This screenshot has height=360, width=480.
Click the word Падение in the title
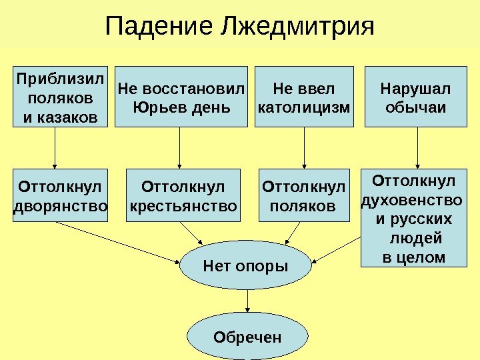(x=157, y=27)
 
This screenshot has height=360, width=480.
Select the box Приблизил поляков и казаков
(x=55, y=96)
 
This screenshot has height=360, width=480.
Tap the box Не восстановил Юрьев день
(x=181, y=96)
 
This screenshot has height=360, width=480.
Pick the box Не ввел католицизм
(x=304, y=96)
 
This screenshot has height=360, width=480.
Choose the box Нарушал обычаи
(x=415, y=96)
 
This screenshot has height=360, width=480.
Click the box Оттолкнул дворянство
(x=60, y=195)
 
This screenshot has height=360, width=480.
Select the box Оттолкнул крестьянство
(x=183, y=195)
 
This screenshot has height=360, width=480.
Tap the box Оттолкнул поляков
(x=304, y=195)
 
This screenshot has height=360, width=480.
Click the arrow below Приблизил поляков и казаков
(x=55, y=148)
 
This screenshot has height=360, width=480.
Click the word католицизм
(x=304, y=106)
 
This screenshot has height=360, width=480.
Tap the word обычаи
(x=415, y=106)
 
